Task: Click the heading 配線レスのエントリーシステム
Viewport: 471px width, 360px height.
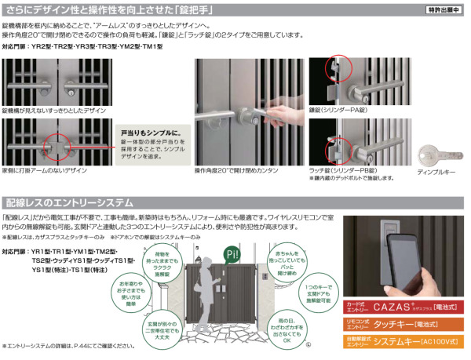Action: click(x=69, y=202)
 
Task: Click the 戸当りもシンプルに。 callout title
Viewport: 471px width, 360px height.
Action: click(x=148, y=133)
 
